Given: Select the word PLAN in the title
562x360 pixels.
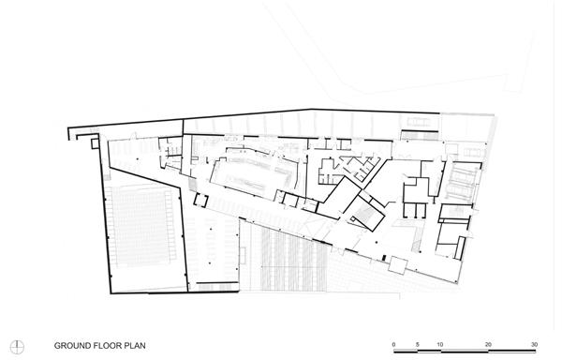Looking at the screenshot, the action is [135, 346].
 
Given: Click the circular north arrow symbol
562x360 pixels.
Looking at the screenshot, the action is [17, 347].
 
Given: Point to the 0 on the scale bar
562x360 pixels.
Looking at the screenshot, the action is [394, 345].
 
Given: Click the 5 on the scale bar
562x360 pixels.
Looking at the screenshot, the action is [418, 345].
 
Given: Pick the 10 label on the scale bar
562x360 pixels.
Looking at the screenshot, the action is [440, 345].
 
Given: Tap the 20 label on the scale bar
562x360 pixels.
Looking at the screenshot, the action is [488, 345].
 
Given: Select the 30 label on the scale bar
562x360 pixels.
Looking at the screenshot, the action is [535, 345].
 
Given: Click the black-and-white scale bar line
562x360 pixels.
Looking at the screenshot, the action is [466, 351].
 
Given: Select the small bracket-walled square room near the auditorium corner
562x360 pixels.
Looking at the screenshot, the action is [200, 200].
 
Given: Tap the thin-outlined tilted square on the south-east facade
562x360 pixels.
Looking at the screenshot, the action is [398, 265].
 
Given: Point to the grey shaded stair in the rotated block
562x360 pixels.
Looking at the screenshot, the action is [365, 213].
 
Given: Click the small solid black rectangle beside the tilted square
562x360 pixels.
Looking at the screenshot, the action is [384, 258].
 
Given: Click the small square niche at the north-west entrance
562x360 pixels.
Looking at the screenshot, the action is [95, 143].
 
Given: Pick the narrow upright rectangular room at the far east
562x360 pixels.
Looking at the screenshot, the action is [460, 247].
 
